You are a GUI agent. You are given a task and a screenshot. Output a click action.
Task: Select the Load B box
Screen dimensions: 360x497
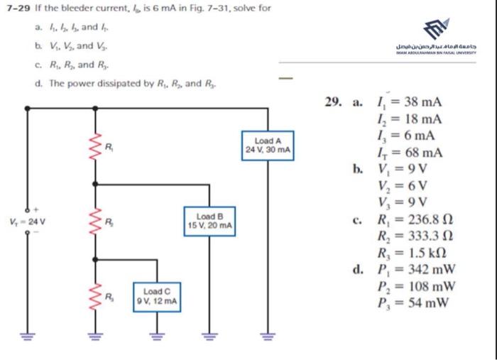[x=209, y=220]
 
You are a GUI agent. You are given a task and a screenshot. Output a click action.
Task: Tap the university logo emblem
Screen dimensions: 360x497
[x=437, y=30]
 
